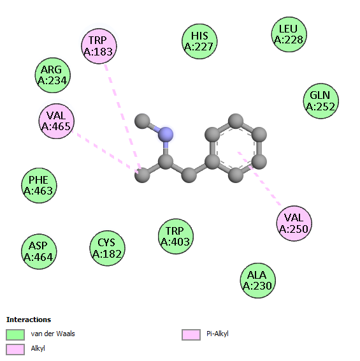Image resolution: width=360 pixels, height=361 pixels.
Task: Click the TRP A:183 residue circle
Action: (99, 46)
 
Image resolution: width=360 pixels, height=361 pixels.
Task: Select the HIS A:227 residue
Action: (199, 41)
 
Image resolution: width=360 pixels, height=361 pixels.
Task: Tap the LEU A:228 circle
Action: (289, 34)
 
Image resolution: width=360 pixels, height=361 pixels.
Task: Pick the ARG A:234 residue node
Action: (53, 75)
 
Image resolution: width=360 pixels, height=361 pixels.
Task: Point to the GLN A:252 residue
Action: (321, 101)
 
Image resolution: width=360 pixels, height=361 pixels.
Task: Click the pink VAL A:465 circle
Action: (57, 121)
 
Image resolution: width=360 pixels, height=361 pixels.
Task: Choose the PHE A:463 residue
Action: (39, 186)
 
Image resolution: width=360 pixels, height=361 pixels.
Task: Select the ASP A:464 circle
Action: (39, 251)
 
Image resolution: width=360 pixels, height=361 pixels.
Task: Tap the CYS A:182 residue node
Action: (107, 248)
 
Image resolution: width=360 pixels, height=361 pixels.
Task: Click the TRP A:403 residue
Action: (176, 236)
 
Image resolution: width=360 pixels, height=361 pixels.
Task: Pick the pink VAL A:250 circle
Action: (294, 223)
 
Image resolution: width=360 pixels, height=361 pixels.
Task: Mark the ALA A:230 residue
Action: (257, 281)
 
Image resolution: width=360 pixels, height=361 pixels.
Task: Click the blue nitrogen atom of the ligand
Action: (166, 135)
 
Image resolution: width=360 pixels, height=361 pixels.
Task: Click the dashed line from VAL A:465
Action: (105, 152)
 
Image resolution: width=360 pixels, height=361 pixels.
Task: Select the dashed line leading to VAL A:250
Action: (259, 179)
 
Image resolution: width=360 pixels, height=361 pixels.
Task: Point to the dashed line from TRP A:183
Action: (123, 117)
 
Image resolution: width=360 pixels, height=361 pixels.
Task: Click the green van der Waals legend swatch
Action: (15, 334)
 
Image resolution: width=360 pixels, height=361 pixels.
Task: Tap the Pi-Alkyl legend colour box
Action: (191, 334)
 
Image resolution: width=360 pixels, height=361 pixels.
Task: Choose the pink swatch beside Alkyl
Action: (15, 350)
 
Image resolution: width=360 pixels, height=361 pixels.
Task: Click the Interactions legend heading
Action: (29, 320)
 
